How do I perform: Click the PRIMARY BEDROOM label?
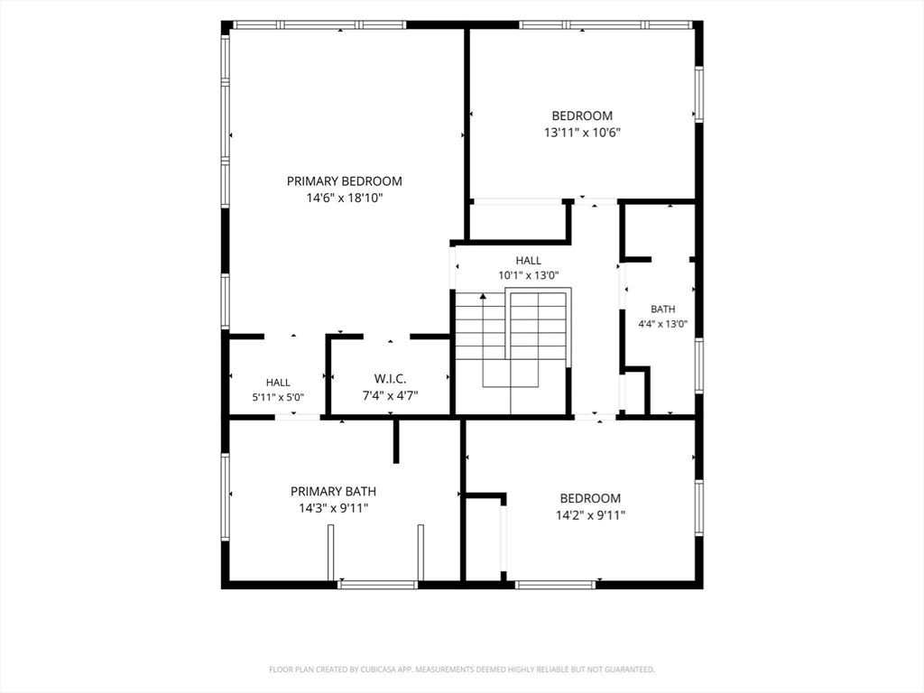coord(344,181)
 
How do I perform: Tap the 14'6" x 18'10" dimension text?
coord(344,198)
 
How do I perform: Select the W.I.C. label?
coord(390,379)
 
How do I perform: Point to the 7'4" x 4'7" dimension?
coord(390,395)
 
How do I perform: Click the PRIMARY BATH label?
coord(333,492)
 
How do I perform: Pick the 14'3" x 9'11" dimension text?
coord(334,508)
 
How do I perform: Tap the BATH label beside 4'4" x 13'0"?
coord(663,309)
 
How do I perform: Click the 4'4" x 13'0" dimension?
coord(663,324)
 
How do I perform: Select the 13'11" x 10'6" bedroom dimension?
coord(582,133)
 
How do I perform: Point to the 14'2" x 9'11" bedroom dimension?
coord(590,515)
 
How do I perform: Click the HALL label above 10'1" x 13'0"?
coord(529,261)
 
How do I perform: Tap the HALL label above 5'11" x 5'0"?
coord(278,383)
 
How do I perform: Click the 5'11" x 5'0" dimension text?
coord(278,397)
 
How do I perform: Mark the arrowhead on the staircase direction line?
coord(484,296)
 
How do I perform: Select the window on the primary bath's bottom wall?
coord(378,585)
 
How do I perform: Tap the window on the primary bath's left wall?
coord(225,496)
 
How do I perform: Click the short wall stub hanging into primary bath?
coord(396,440)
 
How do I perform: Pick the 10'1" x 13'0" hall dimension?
coord(529,275)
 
